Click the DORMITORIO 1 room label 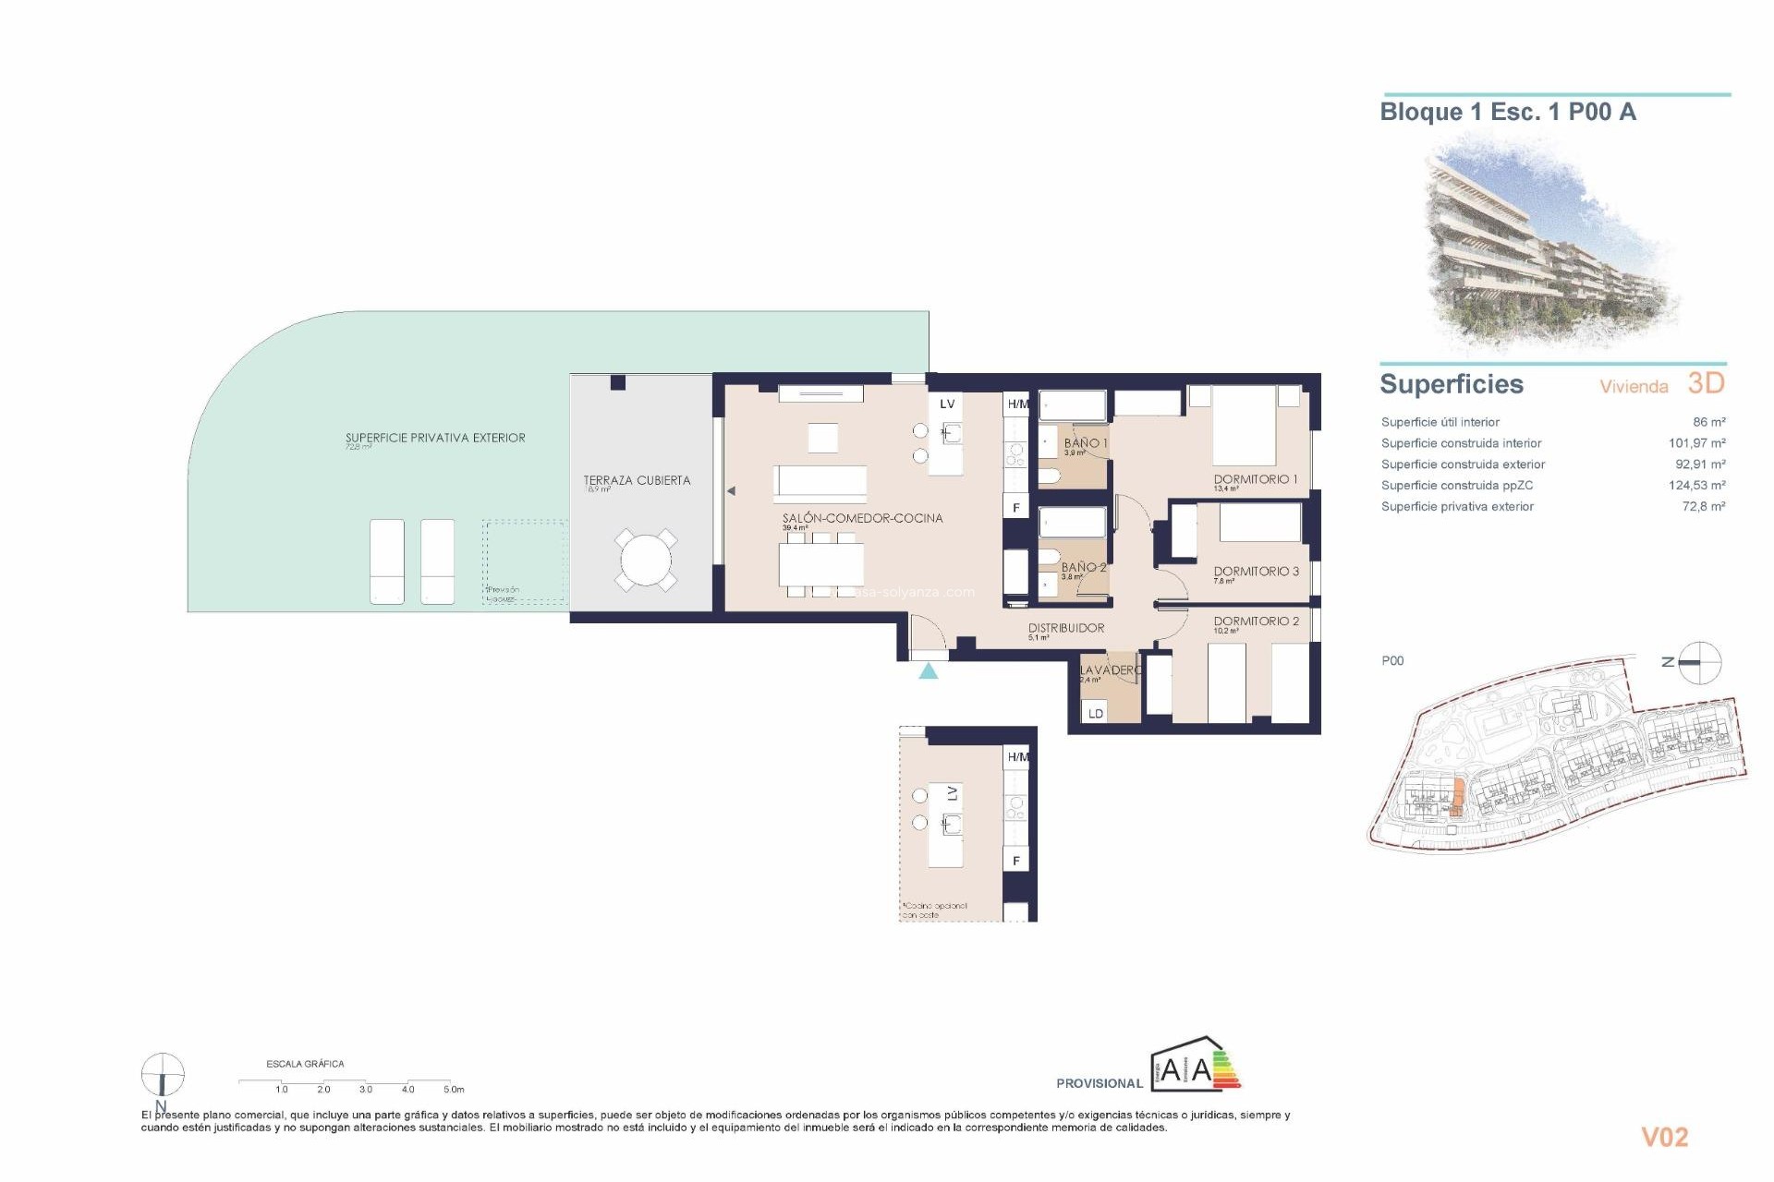pos(1255,479)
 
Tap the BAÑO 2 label pos(1083,567)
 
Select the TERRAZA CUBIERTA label pos(637,480)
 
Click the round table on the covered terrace pos(647,560)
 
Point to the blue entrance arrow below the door pos(929,671)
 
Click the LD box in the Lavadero pos(1096,713)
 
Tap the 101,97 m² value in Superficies pos(1696,443)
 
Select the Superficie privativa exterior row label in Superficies pos(1457,506)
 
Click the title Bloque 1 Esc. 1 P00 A pos(1507,113)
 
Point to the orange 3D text pos(1706,383)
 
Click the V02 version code pos(1664,1137)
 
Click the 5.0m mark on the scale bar pos(453,1089)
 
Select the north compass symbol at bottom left pos(163,1076)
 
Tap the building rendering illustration pos(1552,245)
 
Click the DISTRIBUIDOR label pos(1066,628)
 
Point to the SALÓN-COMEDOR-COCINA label pos(862,518)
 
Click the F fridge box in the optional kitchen pos(1016,861)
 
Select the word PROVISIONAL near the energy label pos(1100,1083)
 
